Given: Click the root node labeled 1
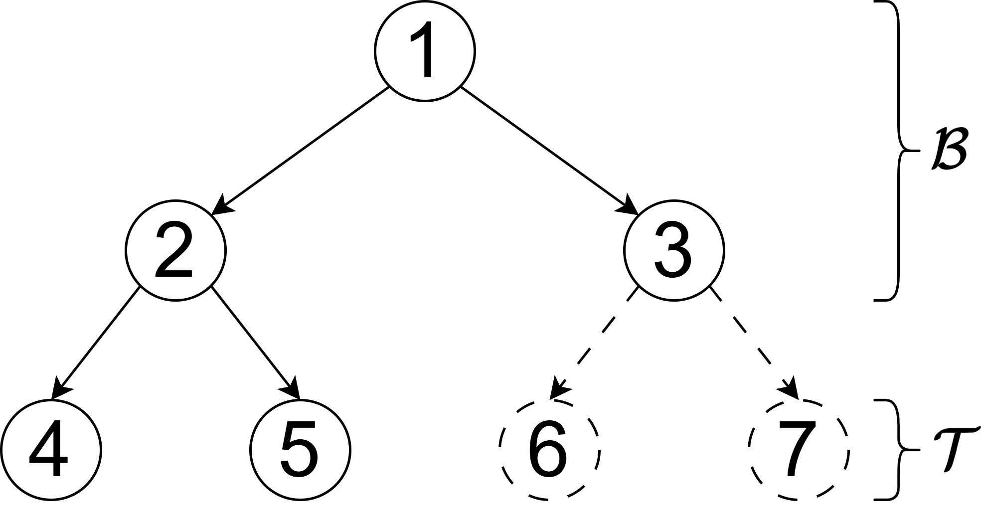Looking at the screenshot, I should (x=425, y=51).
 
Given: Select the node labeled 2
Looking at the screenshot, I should (x=175, y=250).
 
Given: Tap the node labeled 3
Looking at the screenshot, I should (x=674, y=250).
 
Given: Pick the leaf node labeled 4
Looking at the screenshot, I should (x=51, y=450).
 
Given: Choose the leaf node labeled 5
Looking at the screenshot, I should (x=300, y=450).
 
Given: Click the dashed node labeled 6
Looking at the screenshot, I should (x=549, y=450).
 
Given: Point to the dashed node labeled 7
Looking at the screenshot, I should (x=798, y=450).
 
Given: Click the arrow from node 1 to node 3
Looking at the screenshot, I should (x=548, y=150).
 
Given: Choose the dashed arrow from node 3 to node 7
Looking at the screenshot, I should (x=755, y=344).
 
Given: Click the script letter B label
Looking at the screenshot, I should (x=948, y=150).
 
